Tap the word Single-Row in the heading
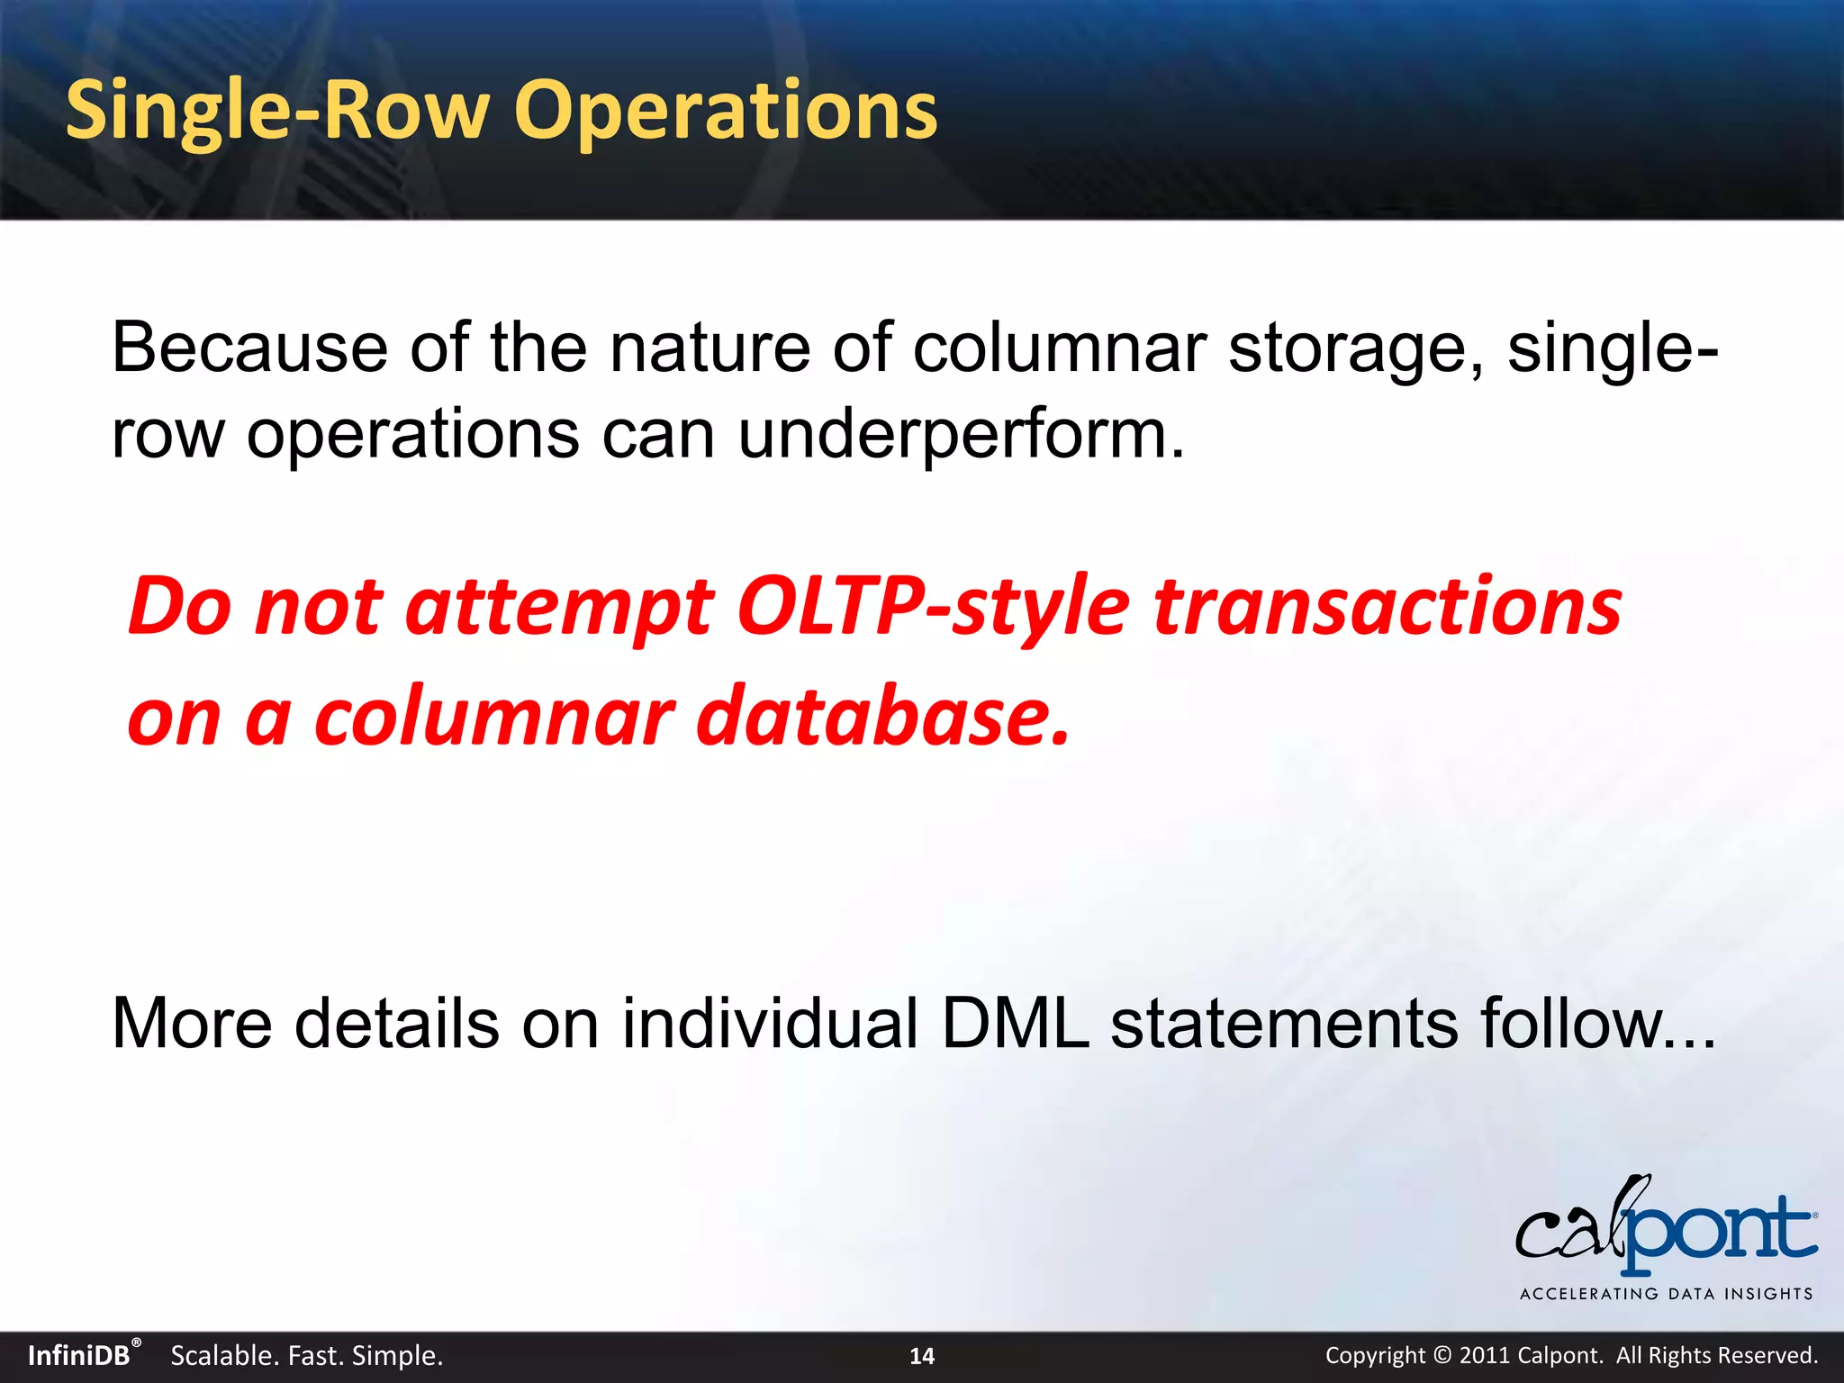point(277,111)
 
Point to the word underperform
point(961,434)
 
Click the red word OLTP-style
point(932,606)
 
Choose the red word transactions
point(1388,606)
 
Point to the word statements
point(1284,1024)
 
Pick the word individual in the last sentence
point(771,1024)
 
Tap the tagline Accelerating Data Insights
point(1666,1294)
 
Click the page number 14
point(922,1356)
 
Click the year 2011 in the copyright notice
point(1485,1355)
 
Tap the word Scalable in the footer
point(221,1355)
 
